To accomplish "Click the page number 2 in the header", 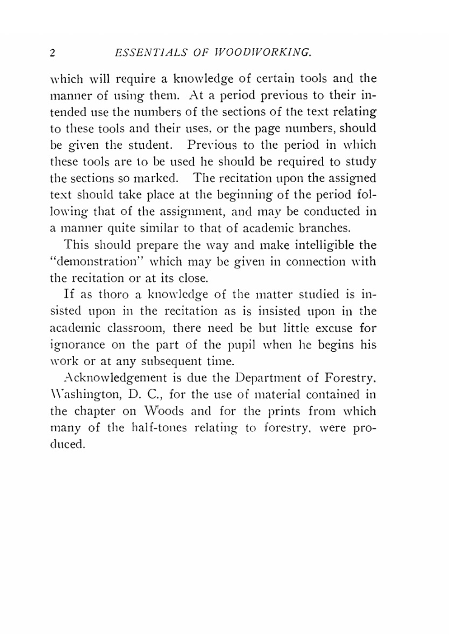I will [x=52, y=53].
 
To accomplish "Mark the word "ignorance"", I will [x=77, y=345].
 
